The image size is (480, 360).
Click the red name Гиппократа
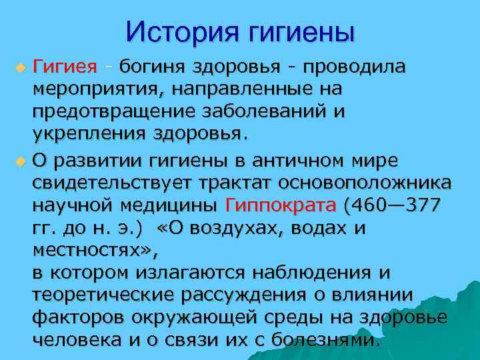tap(283, 205)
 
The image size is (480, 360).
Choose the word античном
tap(304, 161)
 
